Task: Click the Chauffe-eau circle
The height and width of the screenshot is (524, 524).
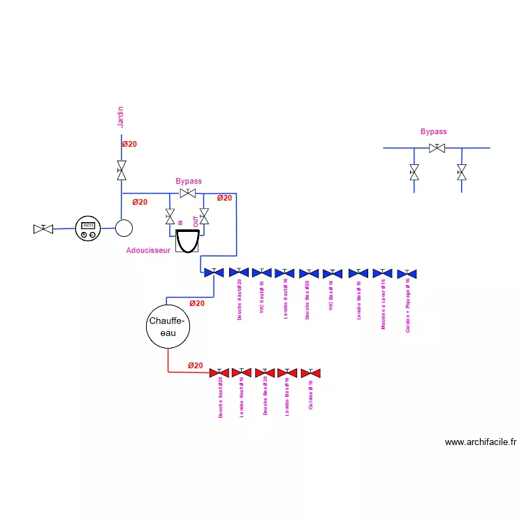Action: (168, 327)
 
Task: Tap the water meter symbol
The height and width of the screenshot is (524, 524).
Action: (88, 228)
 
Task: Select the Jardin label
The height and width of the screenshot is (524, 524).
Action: (120, 117)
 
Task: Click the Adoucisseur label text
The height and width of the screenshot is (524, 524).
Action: (148, 249)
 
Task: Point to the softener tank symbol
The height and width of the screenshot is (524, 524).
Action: (187, 241)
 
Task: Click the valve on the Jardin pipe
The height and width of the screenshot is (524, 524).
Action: (122, 170)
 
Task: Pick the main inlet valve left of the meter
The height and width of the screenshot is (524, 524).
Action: (43, 228)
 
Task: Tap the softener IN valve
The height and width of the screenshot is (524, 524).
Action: (170, 217)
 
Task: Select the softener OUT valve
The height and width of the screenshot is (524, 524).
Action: (204, 217)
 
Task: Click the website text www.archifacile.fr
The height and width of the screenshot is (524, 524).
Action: (481, 442)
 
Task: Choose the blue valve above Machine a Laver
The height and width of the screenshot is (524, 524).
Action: (383, 273)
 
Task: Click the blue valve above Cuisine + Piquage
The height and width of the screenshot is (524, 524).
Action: (407, 273)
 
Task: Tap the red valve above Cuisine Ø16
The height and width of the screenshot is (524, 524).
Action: (310, 372)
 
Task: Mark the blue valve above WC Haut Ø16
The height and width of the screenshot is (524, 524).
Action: (262, 272)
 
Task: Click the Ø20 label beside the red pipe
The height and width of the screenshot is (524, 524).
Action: (195, 365)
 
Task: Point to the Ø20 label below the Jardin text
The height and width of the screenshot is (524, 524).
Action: (129, 144)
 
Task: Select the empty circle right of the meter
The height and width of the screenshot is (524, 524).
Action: (124, 228)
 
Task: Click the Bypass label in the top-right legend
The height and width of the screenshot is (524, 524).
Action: (433, 131)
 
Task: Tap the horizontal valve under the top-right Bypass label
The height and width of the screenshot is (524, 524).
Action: (437, 148)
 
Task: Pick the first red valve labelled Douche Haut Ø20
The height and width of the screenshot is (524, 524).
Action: (219, 372)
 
